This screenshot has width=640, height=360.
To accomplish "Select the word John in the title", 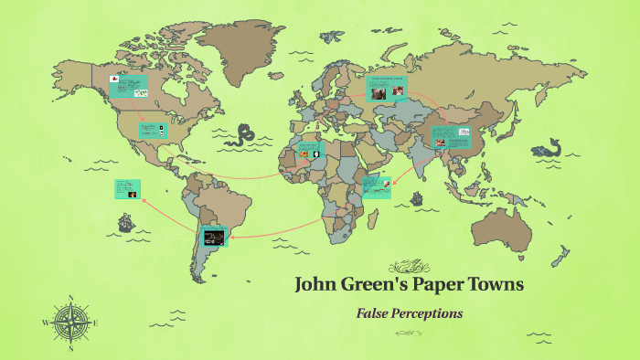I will tap(318, 284).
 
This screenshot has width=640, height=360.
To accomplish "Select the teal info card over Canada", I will tap(128, 86).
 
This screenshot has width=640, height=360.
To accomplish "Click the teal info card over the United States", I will tap(153, 130).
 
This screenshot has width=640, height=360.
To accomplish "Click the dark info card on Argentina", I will tap(214, 237).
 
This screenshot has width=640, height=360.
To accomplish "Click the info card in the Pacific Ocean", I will tap(126, 189).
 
